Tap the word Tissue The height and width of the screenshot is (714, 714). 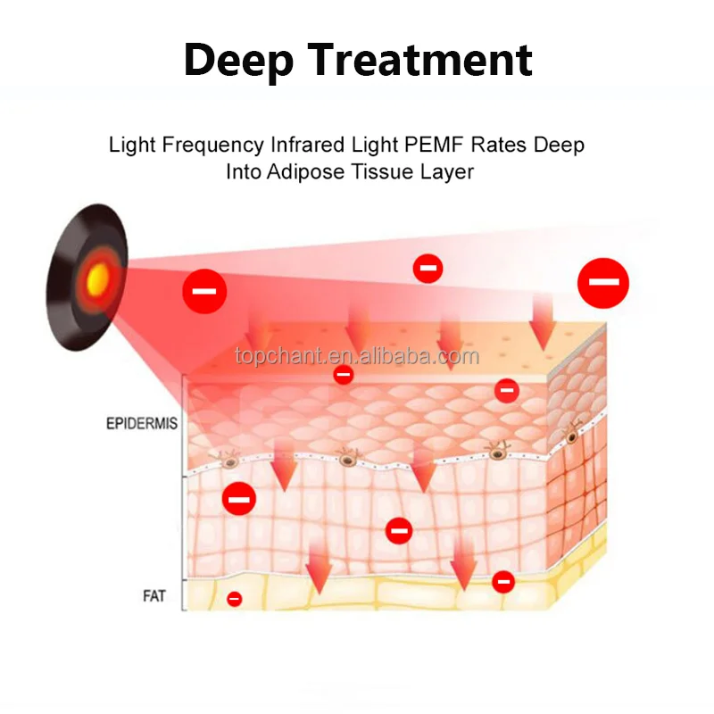pyautogui.click(x=381, y=171)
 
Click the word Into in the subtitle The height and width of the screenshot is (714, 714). pyautogui.click(x=243, y=171)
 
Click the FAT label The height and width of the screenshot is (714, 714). pyautogui.click(x=154, y=595)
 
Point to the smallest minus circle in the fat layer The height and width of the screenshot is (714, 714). pyautogui.click(x=234, y=599)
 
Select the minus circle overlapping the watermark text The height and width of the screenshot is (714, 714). pyautogui.click(x=343, y=375)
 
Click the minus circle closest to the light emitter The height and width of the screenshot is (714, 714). pyautogui.click(x=204, y=292)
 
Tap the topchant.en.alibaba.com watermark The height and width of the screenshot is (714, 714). pyautogui.click(x=357, y=357)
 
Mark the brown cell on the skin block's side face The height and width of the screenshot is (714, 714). pyautogui.click(x=570, y=436)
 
